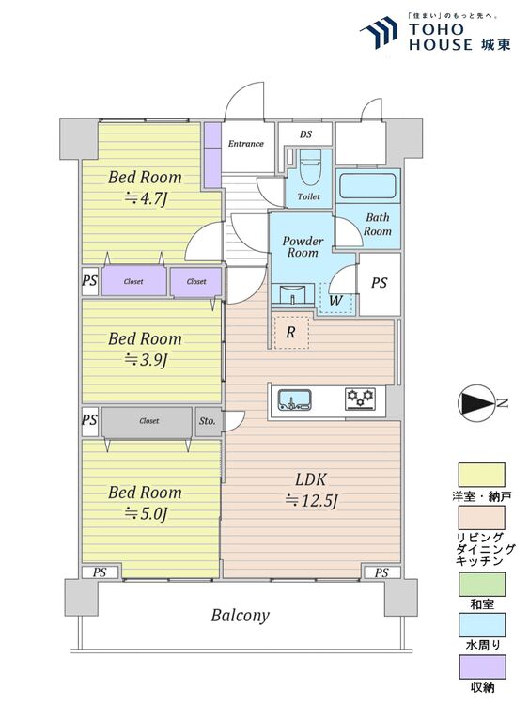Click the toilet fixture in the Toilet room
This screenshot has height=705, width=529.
[x=310, y=166]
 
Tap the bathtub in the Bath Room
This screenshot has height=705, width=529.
[x=367, y=186]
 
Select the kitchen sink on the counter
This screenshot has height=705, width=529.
[x=295, y=399]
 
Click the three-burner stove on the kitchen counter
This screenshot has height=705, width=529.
[x=361, y=399]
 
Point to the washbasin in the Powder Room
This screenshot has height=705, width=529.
[x=292, y=294]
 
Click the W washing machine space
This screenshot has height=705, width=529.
[x=336, y=298]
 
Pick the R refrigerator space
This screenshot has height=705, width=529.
[x=291, y=332]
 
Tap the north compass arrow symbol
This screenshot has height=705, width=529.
[x=476, y=403]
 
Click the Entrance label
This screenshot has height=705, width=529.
[x=246, y=144]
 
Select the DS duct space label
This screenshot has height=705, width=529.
[x=305, y=134]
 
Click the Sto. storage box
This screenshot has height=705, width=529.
[x=208, y=422]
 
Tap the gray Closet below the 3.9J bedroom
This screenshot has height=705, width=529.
[x=148, y=422]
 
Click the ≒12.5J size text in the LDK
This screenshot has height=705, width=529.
[x=311, y=500]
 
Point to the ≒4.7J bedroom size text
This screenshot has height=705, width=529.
[x=146, y=197]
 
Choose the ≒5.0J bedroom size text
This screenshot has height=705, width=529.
[x=146, y=513]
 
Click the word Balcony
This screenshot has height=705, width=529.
[x=241, y=616]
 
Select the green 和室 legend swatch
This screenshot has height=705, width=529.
[x=482, y=585]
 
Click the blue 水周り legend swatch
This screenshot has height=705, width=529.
[x=482, y=625]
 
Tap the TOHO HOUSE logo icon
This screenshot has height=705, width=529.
[x=380, y=32]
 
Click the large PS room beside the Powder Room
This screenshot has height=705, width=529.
[x=380, y=284]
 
